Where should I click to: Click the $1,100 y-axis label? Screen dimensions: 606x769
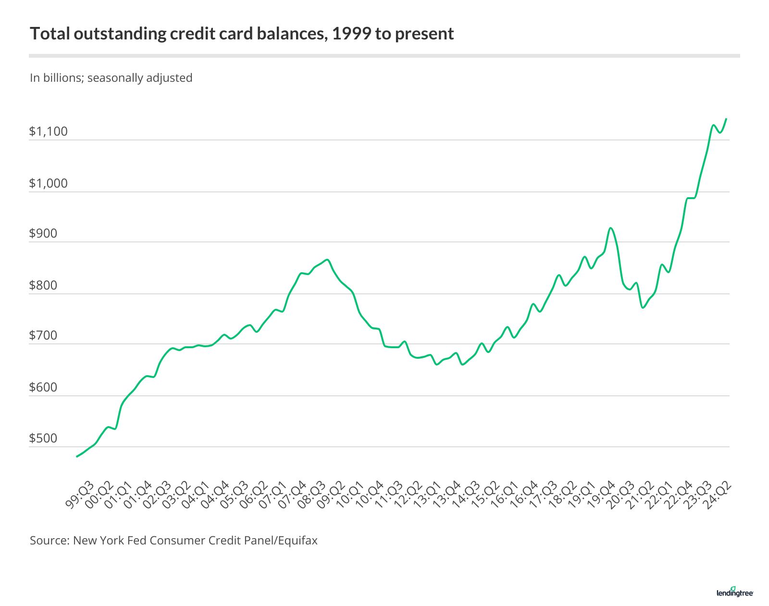click(48, 131)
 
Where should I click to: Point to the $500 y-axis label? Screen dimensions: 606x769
click(43, 438)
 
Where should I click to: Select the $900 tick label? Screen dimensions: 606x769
click(43, 234)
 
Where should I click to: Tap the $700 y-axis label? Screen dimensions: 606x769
click(43, 335)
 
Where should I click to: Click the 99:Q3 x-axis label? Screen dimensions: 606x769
click(80, 494)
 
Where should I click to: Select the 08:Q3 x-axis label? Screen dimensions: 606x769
click(311, 494)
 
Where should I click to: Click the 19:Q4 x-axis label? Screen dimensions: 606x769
click(601, 494)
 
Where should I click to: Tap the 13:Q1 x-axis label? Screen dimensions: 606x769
click(427, 494)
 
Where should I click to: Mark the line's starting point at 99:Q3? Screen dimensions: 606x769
click(77, 456)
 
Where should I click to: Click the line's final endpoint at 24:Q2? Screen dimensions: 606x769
click(726, 118)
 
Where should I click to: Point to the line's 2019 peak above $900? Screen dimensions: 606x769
click(610, 228)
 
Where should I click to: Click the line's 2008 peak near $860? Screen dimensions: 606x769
click(327, 260)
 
